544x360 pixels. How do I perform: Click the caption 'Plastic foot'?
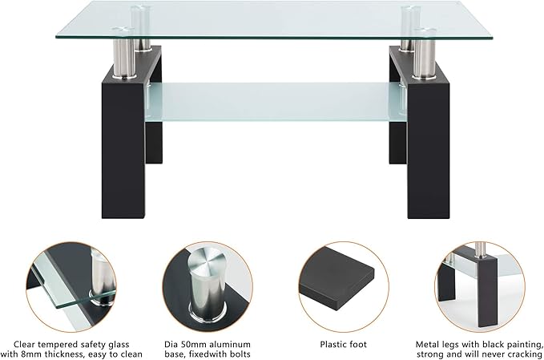pos(343,344)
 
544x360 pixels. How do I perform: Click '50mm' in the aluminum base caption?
pos(195,344)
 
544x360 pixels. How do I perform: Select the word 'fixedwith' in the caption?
pos(208,354)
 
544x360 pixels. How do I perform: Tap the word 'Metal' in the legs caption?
pos(429,344)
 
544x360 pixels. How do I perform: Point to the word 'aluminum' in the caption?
pos(232,344)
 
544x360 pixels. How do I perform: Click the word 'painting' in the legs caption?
pos(521,344)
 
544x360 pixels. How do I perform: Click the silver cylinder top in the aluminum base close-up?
pos(202,262)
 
